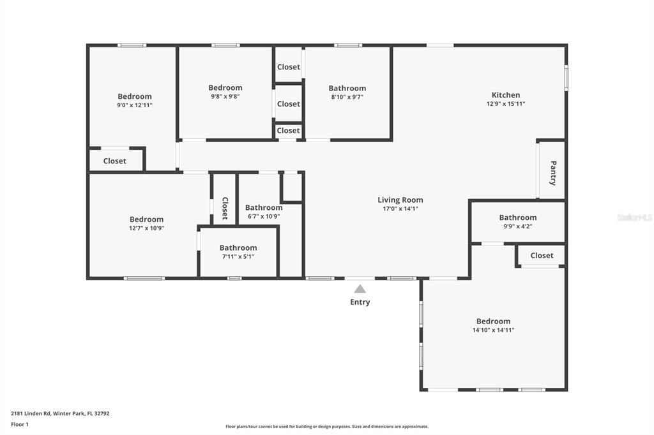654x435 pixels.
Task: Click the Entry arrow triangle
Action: coord(360,289)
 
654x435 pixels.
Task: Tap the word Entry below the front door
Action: coord(360,302)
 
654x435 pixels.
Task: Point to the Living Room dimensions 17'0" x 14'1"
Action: coord(400,209)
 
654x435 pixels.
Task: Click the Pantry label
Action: coord(552,173)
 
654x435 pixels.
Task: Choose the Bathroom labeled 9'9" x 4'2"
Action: coord(517,217)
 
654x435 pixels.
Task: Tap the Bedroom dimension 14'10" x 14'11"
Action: coord(493,330)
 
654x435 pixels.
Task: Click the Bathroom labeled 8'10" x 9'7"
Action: coord(347,88)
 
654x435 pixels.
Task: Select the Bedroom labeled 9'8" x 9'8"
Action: coord(225,87)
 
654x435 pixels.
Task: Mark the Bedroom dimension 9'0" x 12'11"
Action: coord(134,105)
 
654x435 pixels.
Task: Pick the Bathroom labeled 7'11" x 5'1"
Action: coord(238,247)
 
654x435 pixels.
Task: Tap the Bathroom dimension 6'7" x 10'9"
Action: coord(264,216)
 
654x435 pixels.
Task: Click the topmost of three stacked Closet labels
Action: coord(288,67)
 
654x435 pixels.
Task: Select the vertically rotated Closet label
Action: coord(224,208)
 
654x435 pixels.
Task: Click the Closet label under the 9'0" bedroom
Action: coord(114,161)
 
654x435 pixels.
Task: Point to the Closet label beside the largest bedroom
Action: coord(542,255)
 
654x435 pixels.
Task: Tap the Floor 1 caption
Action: coord(20,424)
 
